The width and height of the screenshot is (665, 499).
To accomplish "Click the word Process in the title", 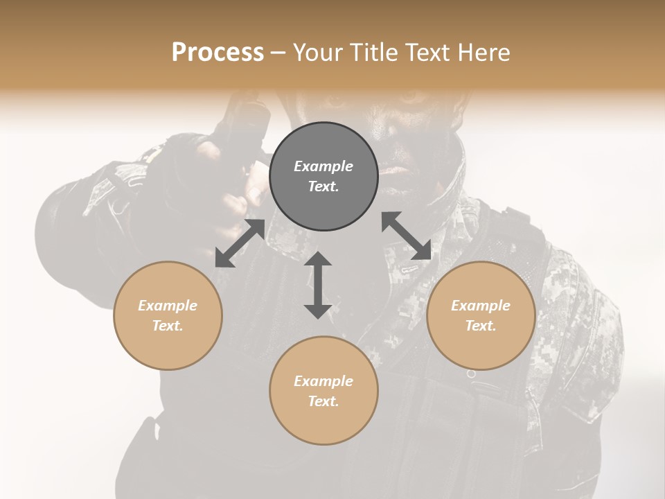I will coord(218,53).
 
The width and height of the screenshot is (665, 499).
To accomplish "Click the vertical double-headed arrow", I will coord(318,285).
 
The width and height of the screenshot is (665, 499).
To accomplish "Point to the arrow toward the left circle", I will coord(240,243).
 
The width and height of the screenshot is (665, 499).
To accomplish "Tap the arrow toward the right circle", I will coord(407,236).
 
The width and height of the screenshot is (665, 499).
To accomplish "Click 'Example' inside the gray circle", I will coord(323,166).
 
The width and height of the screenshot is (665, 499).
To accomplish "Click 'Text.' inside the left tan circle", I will coord(168,326).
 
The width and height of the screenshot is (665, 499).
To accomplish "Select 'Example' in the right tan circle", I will coord(481,306).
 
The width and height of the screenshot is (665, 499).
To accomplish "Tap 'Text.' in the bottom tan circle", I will coord(323,401).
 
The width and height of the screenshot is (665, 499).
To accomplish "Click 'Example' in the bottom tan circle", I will coord(323,381).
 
